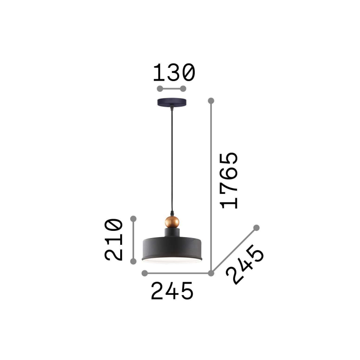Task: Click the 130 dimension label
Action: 174,72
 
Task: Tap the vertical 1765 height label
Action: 229,180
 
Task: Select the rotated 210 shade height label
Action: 113,240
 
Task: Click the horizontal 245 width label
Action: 172,291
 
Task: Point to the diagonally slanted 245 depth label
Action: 245,264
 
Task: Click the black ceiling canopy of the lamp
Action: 172,102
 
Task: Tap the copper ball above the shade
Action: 172,222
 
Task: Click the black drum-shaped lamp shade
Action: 172,250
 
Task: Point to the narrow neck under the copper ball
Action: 172,233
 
